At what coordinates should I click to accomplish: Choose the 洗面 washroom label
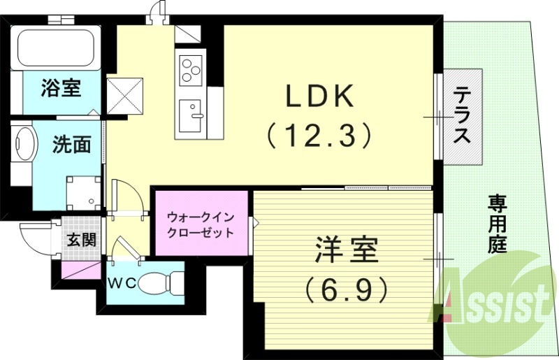72,145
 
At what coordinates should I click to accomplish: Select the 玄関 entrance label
81,240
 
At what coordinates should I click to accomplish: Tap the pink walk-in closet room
199,224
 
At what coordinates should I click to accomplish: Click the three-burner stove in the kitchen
190,69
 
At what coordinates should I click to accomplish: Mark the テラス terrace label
462,115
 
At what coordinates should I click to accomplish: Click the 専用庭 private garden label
497,224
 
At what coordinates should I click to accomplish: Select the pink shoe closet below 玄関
81,270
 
